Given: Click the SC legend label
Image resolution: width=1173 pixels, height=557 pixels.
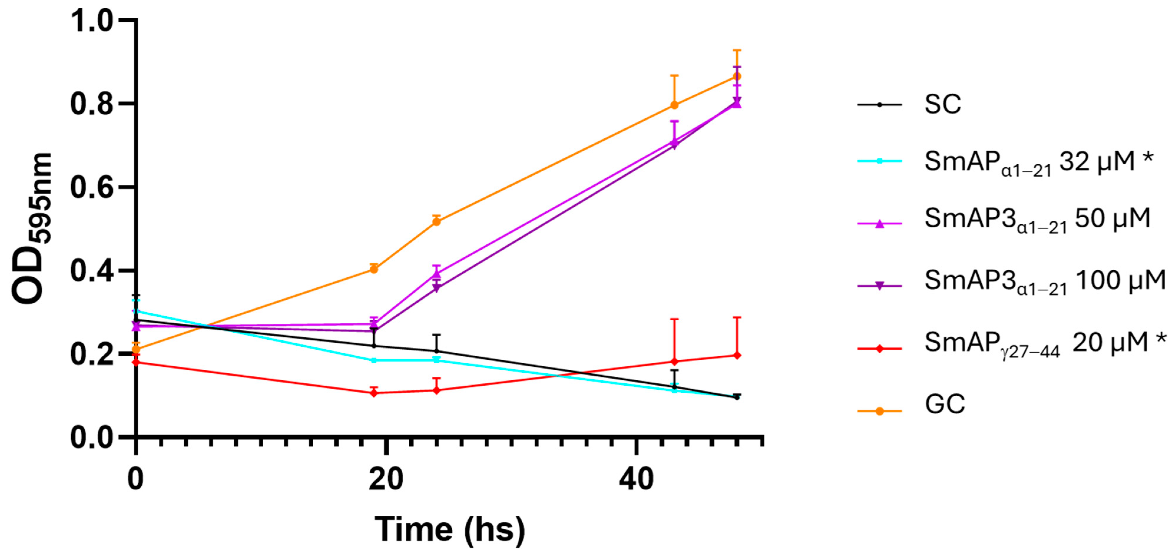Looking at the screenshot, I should pyautogui.click(x=942, y=104).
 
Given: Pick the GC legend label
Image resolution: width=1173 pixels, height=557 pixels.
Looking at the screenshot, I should pyautogui.click(x=945, y=404).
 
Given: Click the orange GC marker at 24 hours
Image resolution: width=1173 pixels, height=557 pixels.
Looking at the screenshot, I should pyautogui.click(x=436, y=222).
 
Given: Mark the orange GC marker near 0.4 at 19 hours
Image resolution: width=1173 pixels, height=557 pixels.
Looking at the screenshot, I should pyautogui.click(x=374, y=269).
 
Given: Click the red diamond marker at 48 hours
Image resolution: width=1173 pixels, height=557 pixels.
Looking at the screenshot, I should pyautogui.click(x=737, y=355).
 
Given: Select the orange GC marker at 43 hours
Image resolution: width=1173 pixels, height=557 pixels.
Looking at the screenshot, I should pyautogui.click(x=674, y=105).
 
